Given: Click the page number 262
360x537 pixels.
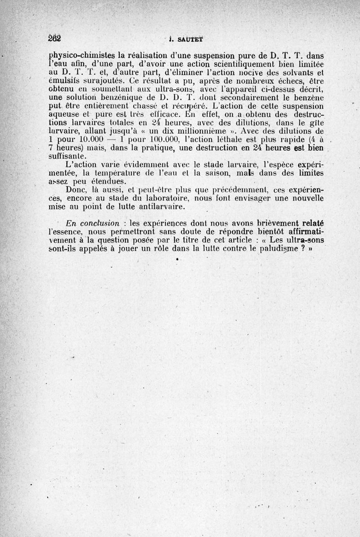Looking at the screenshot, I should point(54,38).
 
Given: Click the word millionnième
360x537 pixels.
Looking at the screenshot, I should point(189,131).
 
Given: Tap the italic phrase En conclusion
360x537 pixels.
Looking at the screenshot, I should point(93,224).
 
